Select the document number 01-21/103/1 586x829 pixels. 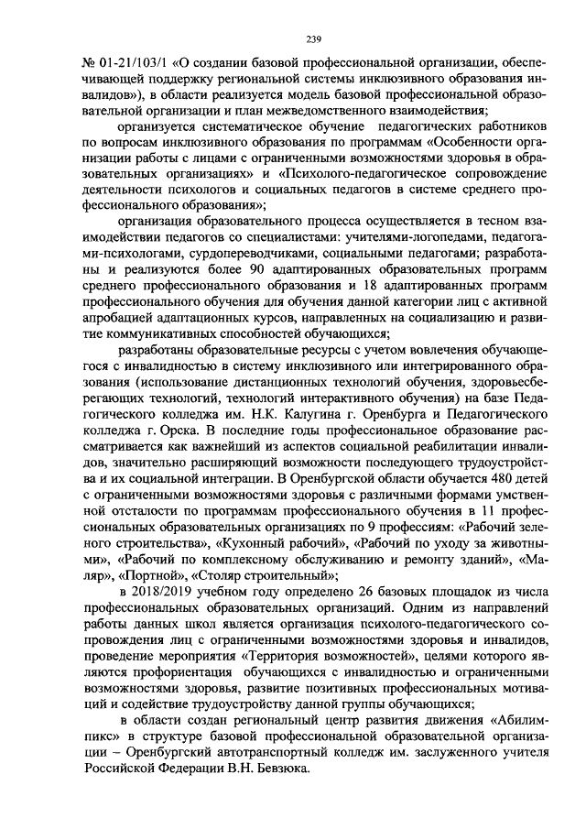[x=129, y=65]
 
